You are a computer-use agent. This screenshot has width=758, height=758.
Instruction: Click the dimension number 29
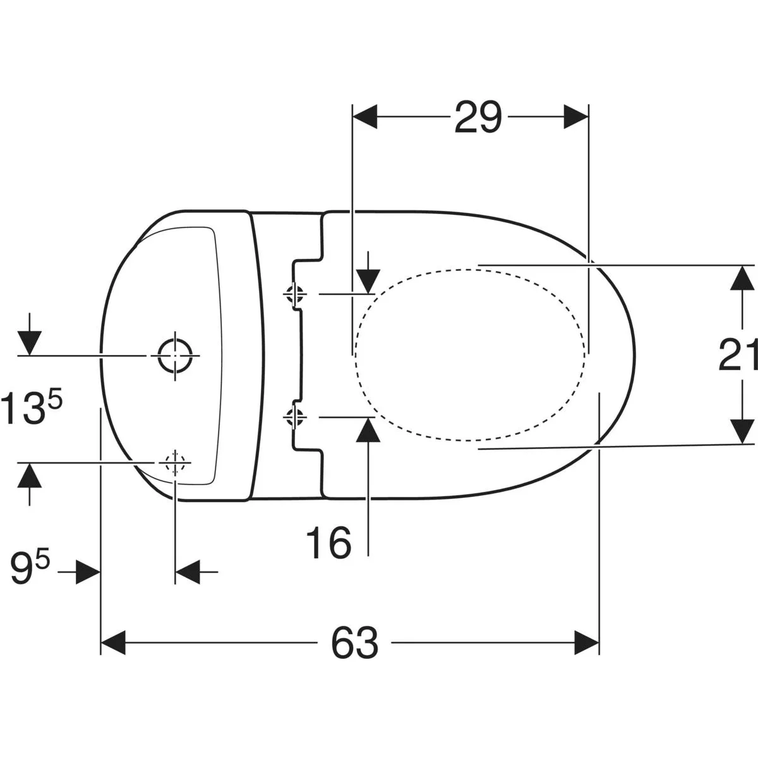[x=478, y=117]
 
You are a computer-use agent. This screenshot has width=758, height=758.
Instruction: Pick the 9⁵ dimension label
[x=30, y=568]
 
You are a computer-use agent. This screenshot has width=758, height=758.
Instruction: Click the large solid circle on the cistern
[x=175, y=356]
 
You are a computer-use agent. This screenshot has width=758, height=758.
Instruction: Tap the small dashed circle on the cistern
[x=175, y=462]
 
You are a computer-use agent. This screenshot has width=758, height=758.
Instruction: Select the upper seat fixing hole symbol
[x=294, y=294]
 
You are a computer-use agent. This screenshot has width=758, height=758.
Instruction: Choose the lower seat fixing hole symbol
[x=294, y=417]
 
